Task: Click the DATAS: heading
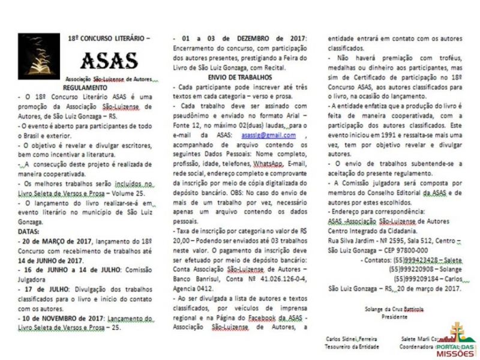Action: click(x=29, y=230)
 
